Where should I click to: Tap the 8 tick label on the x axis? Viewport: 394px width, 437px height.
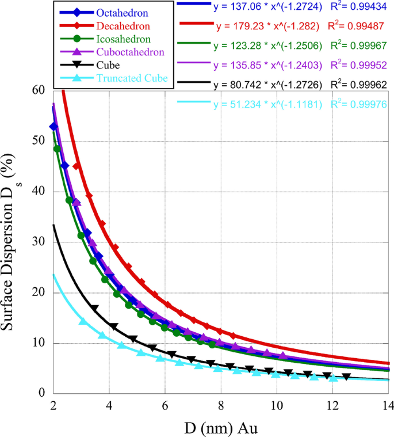tap(221, 405)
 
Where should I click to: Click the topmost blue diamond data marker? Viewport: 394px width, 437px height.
tap(53, 126)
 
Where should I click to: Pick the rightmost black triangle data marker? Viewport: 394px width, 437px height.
tap(346, 377)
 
